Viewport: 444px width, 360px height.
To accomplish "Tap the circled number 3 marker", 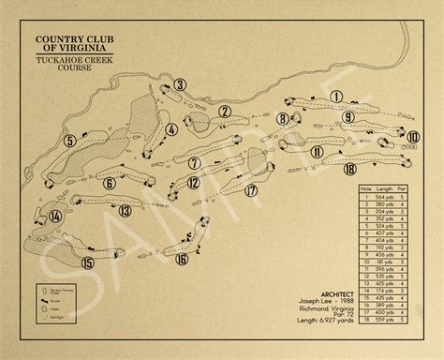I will point(178,85).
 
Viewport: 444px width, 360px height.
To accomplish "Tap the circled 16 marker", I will point(182,259).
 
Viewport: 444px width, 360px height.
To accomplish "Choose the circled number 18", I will point(349,169).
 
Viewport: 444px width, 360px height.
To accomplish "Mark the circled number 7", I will point(194,162).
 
